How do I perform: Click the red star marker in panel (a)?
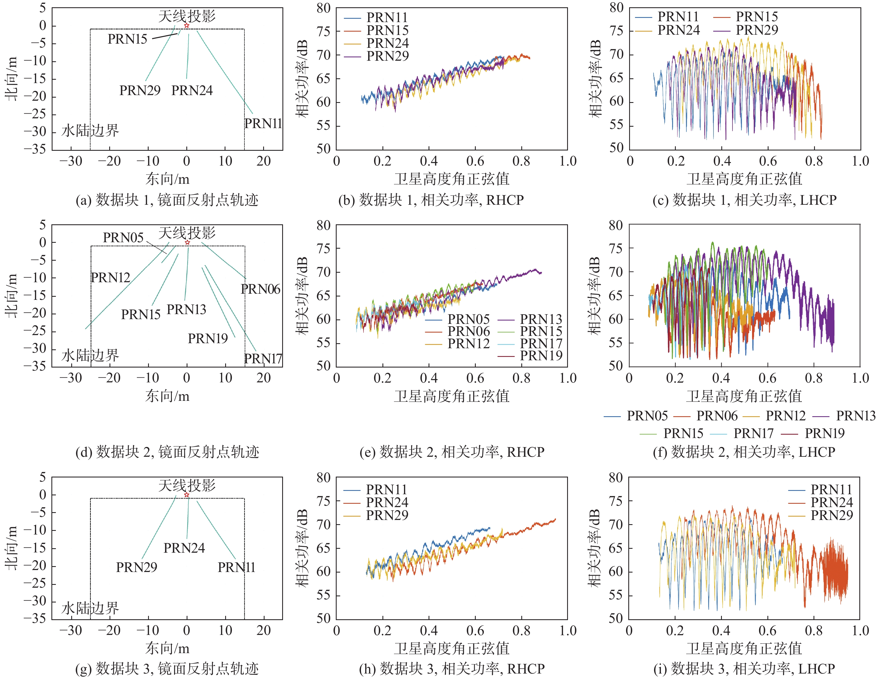pos(187,25)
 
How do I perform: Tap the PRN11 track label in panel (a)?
pos(263,123)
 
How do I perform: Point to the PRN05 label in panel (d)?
pos(123,237)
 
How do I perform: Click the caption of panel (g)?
pos(167,668)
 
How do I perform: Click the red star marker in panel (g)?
pos(187,495)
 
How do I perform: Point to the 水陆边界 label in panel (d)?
pos(90,355)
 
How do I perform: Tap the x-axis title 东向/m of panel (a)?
pos(167,179)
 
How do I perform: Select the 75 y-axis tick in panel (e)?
pos(323,248)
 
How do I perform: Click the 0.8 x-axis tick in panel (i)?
pos(814,630)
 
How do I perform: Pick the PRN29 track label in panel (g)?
pos(137,567)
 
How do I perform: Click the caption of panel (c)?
pos(744,200)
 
